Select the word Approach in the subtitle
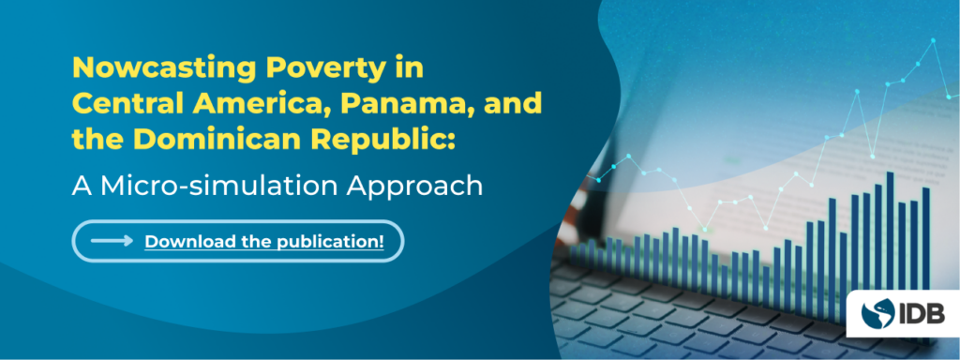[414, 187]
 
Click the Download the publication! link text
[264, 241]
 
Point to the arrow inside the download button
[112, 241]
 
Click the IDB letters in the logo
[922, 314]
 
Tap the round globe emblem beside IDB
[877, 314]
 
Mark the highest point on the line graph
[934, 40]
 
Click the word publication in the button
[327, 242]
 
